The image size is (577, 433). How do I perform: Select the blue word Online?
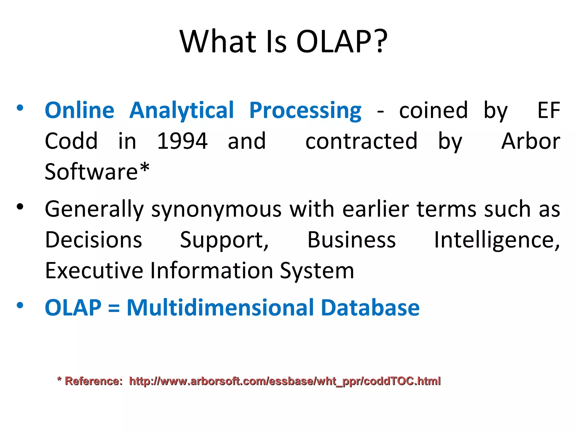point(80,110)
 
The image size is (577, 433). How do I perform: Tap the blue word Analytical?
point(182,110)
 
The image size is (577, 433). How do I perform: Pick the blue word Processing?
point(305,110)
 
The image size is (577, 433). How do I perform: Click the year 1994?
point(182,141)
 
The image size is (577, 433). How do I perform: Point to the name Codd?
point(71,141)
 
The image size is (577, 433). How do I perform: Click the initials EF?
point(549,110)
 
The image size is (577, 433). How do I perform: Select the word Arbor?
point(531,141)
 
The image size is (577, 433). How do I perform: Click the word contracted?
point(361,141)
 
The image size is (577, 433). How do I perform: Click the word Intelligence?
point(497,240)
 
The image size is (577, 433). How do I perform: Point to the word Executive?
point(94,271)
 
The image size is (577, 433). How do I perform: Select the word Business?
point(351,240)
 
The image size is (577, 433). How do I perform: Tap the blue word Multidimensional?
point(220,308)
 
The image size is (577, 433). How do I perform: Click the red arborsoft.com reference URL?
point(285,381)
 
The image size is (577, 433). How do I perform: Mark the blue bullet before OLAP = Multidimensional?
point(20,306)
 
